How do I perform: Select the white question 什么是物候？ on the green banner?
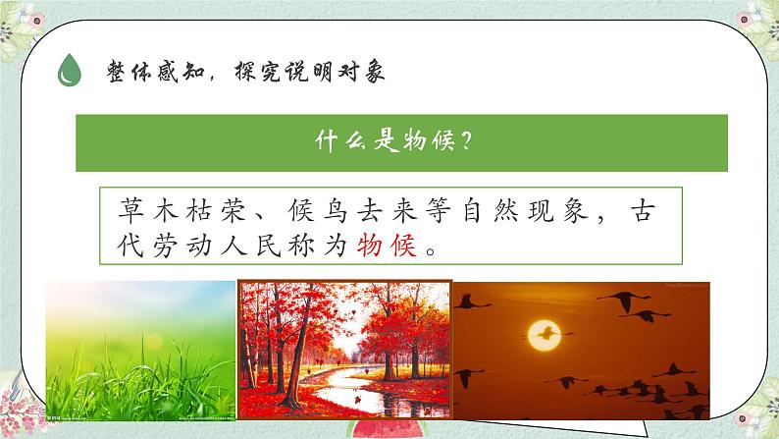pyautogui.click(x=401, y=142)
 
